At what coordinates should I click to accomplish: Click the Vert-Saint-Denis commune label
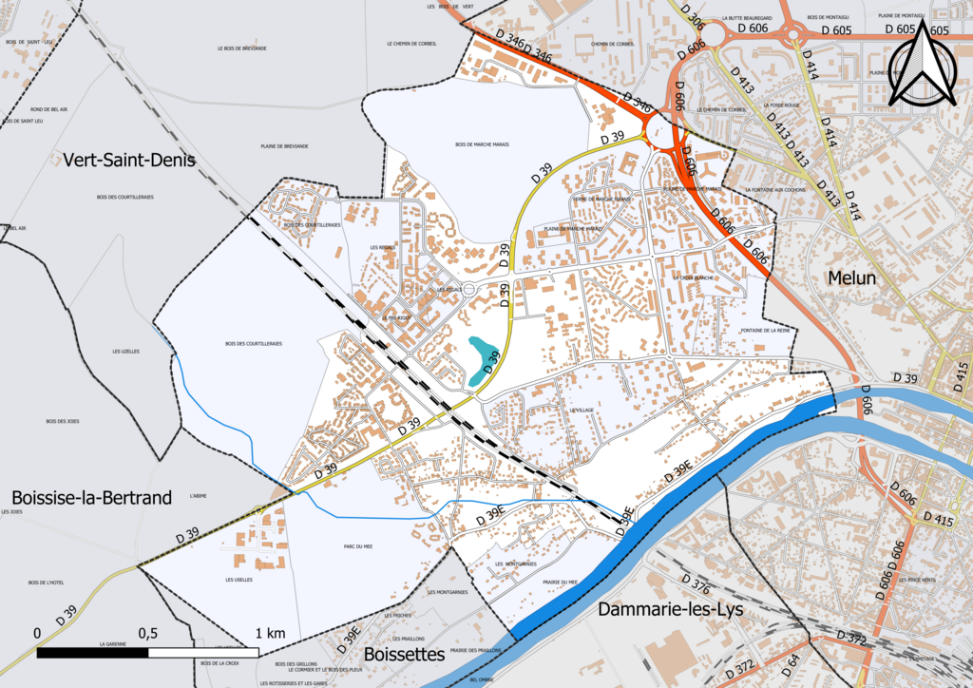click(129, 160)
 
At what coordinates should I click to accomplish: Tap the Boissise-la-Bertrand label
click(92, 497)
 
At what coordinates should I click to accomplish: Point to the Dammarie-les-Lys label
click(671, 609)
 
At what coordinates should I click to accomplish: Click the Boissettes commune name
click(404, 655)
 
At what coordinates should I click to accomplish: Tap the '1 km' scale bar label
click(270, 633)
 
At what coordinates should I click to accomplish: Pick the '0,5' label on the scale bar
click(147, 633)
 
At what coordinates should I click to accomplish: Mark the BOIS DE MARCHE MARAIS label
click(482, 144)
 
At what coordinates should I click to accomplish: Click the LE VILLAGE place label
click(582, 410)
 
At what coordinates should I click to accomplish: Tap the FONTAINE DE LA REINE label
click(765, 331)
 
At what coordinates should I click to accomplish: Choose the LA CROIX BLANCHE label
click(691, 277)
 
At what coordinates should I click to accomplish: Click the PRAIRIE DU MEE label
click(561, 582)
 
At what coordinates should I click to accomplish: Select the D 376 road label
click(696, 584)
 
